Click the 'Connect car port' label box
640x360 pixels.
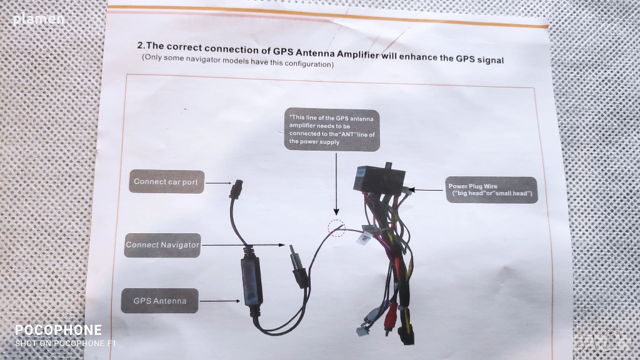(x=166, y=182)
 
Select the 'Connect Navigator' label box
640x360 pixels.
(x=162, y=244)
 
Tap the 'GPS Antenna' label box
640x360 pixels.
(x=159, y=301)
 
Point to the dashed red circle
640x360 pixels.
(x=337, y=228)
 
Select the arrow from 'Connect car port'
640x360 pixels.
(x=218, y=183)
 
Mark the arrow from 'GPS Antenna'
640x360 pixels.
(x=219, y=301)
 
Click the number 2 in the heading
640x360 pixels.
(x=141, y=46)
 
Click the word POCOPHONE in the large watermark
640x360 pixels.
(x=58, y=330)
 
